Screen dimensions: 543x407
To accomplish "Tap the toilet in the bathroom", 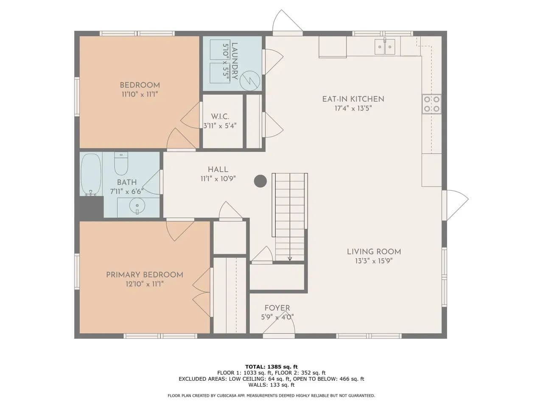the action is [x=121, y=164].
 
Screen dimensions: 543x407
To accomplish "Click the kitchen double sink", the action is [x=384, y=47].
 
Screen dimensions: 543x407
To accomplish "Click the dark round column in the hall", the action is [x=260, y=181].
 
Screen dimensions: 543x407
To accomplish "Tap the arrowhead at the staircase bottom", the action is [x=290, y=259].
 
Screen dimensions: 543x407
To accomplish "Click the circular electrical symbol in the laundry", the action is [x=250, y=81].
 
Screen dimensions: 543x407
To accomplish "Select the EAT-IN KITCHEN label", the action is [x=353, y=99].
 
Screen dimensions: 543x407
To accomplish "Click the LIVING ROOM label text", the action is [x=374, y=252].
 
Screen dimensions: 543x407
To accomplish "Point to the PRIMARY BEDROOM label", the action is [x=145, y=275].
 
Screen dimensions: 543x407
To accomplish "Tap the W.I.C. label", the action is [x=220, y=117].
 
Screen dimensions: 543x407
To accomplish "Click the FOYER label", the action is [x=277, y=308].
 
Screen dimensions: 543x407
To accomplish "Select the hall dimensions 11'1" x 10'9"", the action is [x=218, y=178].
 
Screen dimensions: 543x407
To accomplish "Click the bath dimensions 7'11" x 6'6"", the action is [x=127, y=191].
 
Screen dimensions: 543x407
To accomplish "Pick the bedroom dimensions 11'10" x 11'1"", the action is [x=140, y=94].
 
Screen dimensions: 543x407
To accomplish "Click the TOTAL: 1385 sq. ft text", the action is [x=271, y=367].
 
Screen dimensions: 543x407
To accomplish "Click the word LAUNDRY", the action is [x=234, y=61].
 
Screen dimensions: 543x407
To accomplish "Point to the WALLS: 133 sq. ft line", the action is [x=271, y=385].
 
